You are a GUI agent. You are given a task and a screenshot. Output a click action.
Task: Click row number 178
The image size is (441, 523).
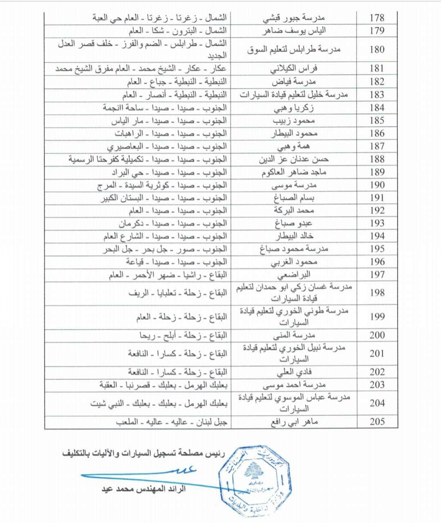[377, 18]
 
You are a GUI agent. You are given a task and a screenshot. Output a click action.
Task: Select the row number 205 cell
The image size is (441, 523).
[377, 422]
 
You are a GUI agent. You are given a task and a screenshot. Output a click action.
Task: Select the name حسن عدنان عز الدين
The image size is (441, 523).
[294, 159]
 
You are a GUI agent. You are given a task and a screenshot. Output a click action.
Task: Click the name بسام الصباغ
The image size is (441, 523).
[294, 198]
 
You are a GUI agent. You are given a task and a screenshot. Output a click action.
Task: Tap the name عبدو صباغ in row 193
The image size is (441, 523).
[294, 223]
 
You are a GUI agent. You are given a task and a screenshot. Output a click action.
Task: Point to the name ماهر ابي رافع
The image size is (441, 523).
[294, 422]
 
